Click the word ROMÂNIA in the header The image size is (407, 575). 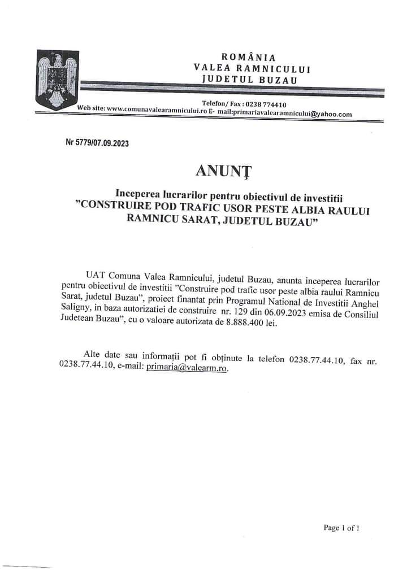(249, 57)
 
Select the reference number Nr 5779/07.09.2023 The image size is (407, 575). (98, 143)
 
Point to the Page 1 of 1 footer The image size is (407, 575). (341, 528)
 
